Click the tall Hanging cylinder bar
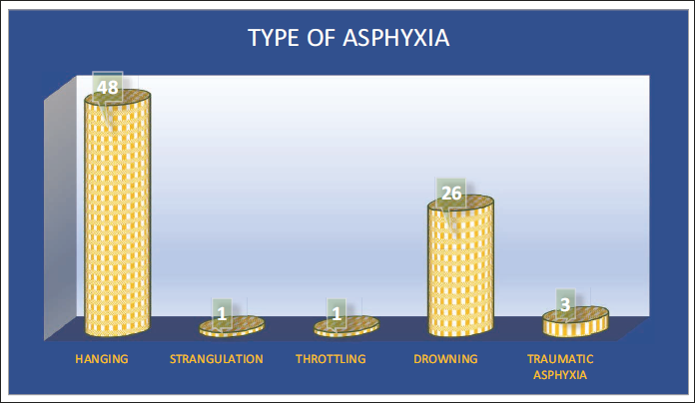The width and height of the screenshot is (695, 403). click(x=118, y=212)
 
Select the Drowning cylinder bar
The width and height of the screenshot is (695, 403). click(x=460, y=265)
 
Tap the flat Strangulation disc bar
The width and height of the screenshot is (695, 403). click(x=232, y=327)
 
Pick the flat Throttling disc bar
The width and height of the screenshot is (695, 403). click(x=347, y=327)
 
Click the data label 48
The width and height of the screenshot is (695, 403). click(x=108, y=87)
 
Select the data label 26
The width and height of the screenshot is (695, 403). click(x=451, y=194)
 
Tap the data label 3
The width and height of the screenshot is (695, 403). click(x=565, y=304)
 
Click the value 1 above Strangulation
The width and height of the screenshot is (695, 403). click(x=222, y=314)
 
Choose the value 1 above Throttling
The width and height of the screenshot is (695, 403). click(x=337, y=314)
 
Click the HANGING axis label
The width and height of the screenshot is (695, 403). click(x=102, y=359)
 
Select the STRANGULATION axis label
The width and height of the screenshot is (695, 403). click(x=217, y=359)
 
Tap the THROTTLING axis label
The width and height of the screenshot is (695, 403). click(x=331, y=359)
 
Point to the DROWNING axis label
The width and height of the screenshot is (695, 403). click(x=445, y=359)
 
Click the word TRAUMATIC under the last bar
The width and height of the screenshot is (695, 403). click(x=560, y=359)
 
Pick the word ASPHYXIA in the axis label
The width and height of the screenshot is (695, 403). click(x=560, y=375)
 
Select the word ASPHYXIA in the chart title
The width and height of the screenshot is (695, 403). click(x=396, y=38)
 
